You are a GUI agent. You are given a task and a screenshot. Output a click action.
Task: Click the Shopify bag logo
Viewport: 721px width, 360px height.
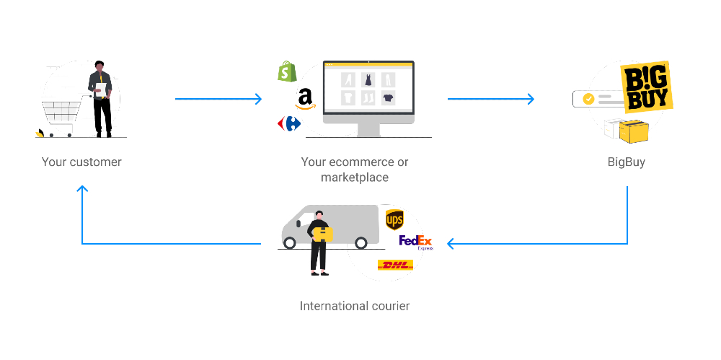point(288,71)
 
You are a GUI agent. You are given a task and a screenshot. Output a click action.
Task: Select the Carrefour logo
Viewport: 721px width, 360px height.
point(289,123)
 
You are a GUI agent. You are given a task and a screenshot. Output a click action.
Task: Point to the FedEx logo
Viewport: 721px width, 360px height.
point(415,242)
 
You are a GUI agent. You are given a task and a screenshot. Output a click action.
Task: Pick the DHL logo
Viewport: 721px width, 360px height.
point(395,265)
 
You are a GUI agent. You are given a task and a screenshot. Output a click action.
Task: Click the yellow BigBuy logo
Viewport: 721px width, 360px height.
point(647,88)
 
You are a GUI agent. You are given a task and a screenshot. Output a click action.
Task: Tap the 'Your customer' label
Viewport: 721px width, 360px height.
point(81,162)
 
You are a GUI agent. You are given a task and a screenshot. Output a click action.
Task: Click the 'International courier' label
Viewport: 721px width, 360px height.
point(354,306)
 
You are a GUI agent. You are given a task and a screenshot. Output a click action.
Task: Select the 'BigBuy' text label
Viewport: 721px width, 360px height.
point(626,162)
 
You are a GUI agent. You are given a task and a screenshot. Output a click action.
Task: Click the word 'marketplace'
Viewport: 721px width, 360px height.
point(354,177)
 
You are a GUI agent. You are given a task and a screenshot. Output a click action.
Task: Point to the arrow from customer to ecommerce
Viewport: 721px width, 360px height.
point(218,99)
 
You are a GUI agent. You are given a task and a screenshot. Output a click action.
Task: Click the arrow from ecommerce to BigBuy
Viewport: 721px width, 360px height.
point(490,99)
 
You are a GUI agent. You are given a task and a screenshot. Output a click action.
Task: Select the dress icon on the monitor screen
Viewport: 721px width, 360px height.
point(368,79)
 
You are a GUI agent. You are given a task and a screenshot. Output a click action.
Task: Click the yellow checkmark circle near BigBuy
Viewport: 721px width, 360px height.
point(588,99)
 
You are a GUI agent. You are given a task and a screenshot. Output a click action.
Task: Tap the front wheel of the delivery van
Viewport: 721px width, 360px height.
point(290,243)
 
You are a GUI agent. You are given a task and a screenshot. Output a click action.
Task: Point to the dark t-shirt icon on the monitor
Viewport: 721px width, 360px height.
point(388,97)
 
